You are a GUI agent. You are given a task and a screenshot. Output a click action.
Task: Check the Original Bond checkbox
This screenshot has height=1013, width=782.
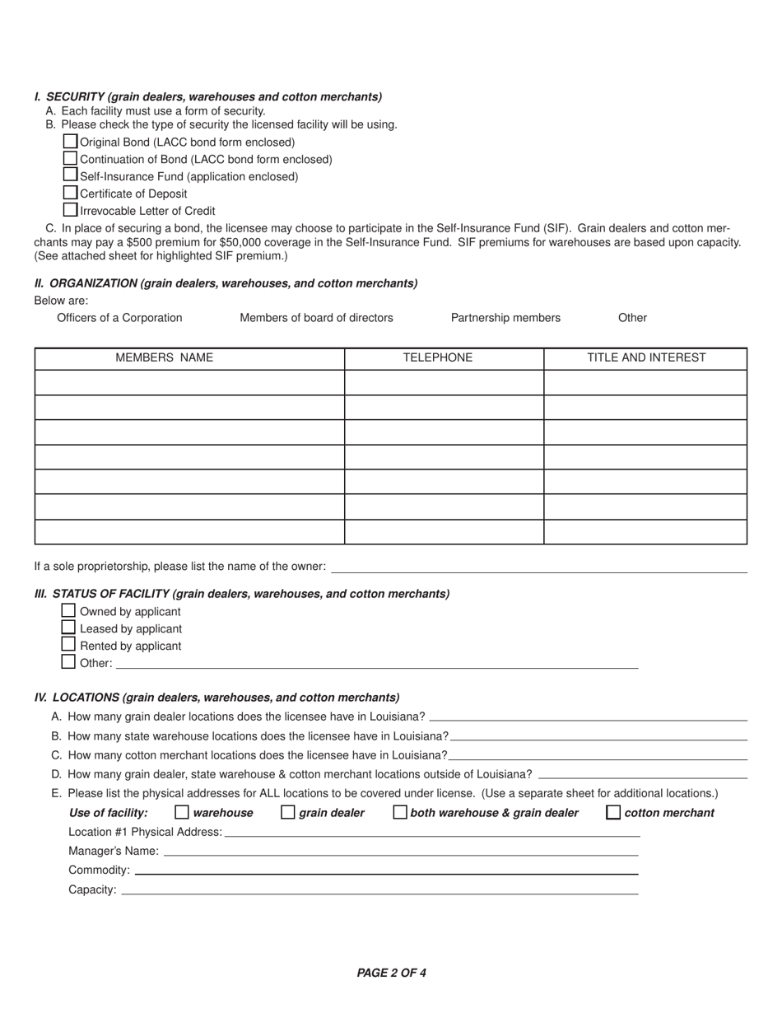point(71,142)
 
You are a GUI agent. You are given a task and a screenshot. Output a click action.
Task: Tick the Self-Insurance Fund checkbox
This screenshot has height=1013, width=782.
point(71,175)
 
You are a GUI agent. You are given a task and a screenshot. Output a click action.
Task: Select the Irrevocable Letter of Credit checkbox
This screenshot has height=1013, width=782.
point(71,210)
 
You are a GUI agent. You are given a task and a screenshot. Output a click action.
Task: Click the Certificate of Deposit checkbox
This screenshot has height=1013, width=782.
point(71,193)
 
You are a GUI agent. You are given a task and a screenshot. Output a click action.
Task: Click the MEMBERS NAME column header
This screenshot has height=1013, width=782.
point(164,358)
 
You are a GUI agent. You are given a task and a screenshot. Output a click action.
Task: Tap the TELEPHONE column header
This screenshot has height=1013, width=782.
point(438,358)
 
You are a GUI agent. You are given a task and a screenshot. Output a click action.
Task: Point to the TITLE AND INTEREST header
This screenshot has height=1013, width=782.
point(646,358)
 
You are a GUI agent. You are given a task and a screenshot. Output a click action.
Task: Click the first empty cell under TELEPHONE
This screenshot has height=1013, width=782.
point(444,383)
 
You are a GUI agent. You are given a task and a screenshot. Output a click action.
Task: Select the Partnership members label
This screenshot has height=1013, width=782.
point(505,318)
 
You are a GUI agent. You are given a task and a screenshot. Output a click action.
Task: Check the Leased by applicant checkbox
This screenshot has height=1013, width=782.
point(68,628)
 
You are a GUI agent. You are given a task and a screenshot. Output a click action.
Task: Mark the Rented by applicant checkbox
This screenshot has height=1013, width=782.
point(68,645)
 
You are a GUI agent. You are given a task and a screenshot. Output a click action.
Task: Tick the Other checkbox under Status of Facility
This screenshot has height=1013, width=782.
point(68,661)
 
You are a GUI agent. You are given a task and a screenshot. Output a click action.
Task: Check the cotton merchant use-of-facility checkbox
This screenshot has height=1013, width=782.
point(613,813)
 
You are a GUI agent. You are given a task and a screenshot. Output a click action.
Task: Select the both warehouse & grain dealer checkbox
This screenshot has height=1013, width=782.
point(400,813)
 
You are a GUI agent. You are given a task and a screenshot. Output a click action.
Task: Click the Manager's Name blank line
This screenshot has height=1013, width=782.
point(400,852)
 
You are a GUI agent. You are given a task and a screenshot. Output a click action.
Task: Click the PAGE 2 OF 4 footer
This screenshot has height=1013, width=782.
point(391,973)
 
